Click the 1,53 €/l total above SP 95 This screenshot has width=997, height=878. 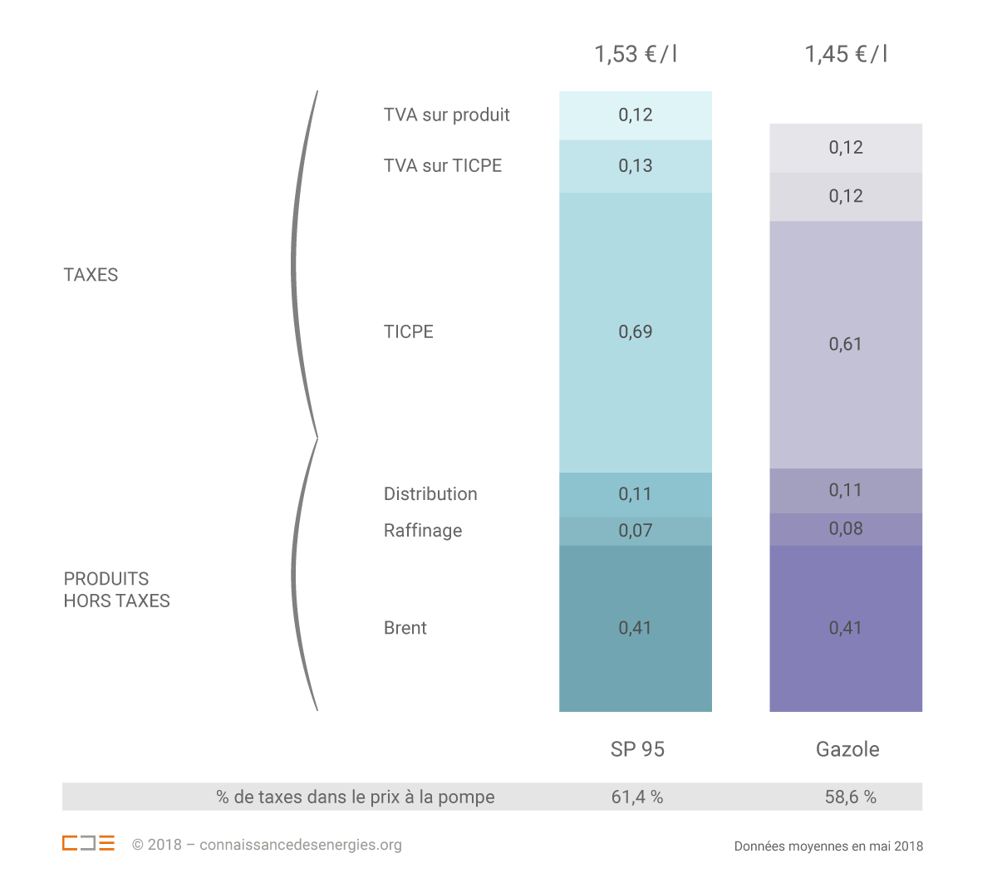click(x=636, y=55)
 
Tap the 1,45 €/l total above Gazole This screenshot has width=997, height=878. click(x=846, y=55)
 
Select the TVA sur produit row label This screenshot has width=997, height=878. click(x=446, y=115)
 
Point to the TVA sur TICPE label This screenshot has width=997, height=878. click(x=443, y=165)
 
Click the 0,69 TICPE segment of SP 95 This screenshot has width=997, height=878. click(x=636, y=332)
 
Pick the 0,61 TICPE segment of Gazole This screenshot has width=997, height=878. click(x=846, y=344)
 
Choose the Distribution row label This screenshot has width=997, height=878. click(x=430, y=494)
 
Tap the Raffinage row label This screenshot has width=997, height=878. click(x=423, y=531)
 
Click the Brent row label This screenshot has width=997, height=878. click(x=405, y=628)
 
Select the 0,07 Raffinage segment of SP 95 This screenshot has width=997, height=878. click(x=636, y=531)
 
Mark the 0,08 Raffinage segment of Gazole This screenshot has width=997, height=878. click(x=846, y=529)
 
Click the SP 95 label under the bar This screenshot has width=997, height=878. click(x=637, y=749)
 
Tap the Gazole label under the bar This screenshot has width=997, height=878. click(x=847, y=749)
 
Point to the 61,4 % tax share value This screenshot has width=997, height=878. click(x=637, y=797)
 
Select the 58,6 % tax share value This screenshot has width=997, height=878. click(x=850, y=797)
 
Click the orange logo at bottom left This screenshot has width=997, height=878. click(x=88, y=843)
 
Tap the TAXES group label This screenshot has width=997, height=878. click(x=91, y=275)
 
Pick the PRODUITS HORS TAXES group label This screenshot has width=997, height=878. click(x=116, y=590)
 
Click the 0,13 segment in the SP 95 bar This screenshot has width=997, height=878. click(x=636, y=166)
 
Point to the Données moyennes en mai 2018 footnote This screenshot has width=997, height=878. click(x=828, y=846)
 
